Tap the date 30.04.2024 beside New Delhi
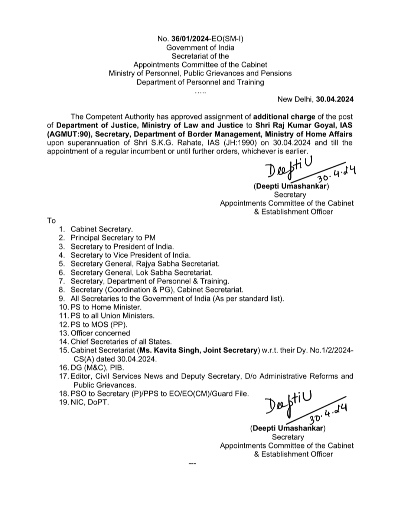(335, 99)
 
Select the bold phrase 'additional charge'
(284, 117)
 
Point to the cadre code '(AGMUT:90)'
(69, 134)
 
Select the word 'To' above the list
(51, 221)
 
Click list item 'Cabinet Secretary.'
(101, 229)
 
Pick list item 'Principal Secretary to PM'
(113, 238)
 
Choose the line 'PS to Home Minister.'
(106, 307)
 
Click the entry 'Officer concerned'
(100, 333)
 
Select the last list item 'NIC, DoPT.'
(90, 402)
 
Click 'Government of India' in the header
(200, 48)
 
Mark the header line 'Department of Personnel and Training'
(200, 82)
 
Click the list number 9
(62, 298)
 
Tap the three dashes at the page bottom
(192, 464)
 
